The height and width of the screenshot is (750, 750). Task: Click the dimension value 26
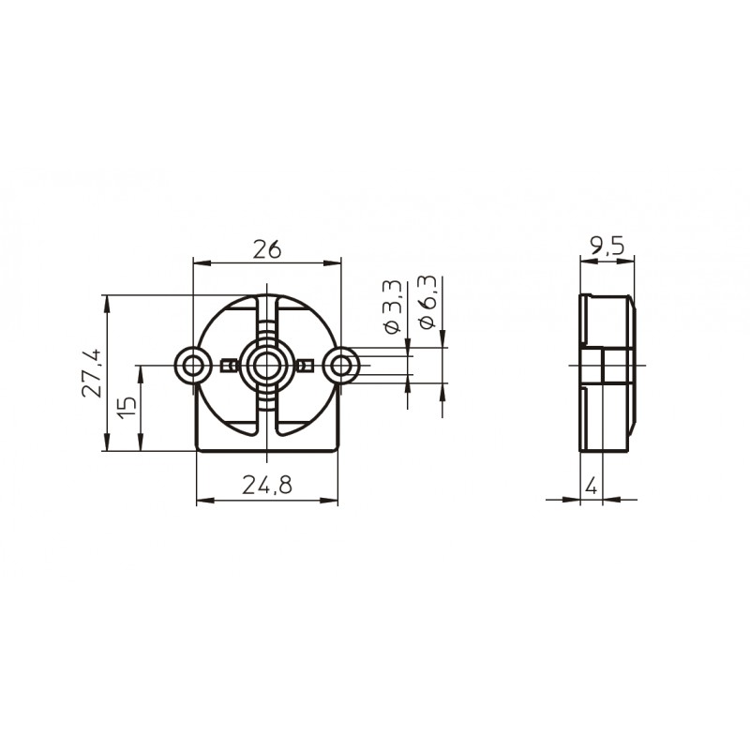click(x=267, y=249)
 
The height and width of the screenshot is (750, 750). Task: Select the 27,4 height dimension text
click(x=91, y=372)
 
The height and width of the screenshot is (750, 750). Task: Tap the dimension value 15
click(x=127, y=408)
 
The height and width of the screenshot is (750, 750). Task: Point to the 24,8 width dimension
click(x=267, y=486)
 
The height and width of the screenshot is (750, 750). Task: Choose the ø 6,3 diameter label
click(x=427, y=301)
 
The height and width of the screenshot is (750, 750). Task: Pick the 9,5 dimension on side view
click(x=607, y=247)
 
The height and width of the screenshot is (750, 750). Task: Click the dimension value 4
click(x=592, y=487)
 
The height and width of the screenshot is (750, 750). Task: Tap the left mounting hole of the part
click(x=193, y=366)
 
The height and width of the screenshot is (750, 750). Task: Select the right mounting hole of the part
click(x=340, y=366)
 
